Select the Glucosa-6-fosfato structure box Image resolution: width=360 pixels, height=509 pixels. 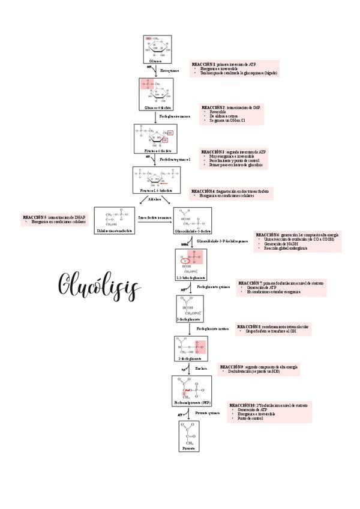155,94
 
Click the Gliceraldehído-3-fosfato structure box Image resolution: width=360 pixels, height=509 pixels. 193,220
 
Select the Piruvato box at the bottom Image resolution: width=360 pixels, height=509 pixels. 189,436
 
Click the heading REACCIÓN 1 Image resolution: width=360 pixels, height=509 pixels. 203,64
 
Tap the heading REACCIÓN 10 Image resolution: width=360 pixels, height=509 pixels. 242,406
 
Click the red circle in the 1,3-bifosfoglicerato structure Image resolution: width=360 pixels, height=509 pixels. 187,260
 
